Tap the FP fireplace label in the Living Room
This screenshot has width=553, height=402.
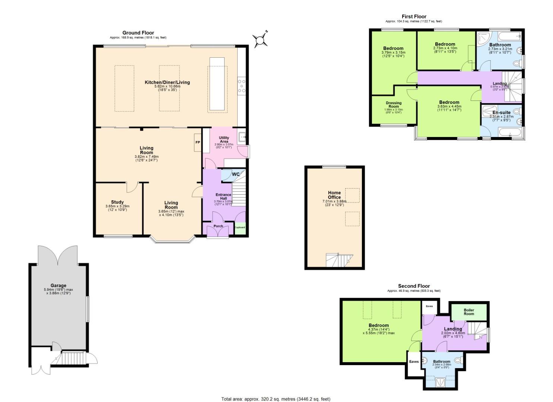click(197, 143)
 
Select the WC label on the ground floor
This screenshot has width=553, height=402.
click(236, 174)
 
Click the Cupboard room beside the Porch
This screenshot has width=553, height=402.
click(240, 228)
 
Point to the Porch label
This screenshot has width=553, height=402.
click(218, 226)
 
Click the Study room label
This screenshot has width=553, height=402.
click(117, 202)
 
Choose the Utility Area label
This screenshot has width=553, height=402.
click(224, 140)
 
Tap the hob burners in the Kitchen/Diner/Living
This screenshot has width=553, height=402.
click(241, 86)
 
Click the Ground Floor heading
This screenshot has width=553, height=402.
click(138, 33)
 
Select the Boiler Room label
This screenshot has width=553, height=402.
click(469, 312)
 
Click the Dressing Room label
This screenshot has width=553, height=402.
click(394, 105)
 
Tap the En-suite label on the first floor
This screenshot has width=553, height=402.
click(501, 112)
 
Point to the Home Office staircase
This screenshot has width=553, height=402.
click(339, 260)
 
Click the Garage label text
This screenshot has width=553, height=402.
click(58, 285)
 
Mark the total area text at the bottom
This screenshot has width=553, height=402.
click(276, 399)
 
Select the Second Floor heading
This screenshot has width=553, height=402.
click(414, 286)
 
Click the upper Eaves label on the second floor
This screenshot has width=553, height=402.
click(429, 306)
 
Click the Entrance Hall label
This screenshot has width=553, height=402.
click(223, 197)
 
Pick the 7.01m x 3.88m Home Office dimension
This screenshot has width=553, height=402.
click(334, 201)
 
